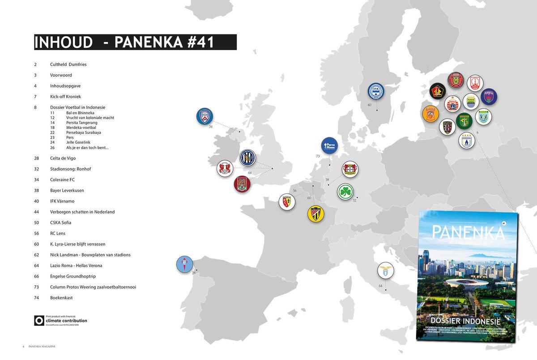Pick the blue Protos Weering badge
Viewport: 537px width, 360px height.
pyautogui.click(x=330, y=146)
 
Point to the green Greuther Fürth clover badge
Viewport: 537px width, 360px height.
pyautogui.click(x=345, y=191)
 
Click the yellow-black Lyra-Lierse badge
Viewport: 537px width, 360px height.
pyautogui.click(x=316, y=214)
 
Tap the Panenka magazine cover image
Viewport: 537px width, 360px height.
pyautogui.click(x=467, y=278)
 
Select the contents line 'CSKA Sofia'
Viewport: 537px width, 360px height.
pyautogui.click(x=61, y=223)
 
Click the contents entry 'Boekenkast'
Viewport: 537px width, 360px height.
pyautogui.click(x=62, y=298)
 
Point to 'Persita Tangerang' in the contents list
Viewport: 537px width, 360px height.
pyautogui.click(x=81, y=122)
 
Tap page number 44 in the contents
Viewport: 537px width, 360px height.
pyautogui.click(x=36, y=212)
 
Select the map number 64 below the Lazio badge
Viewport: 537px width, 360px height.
pyautogui.click(x=380, y=286)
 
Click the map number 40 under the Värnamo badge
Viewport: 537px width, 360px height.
pyautogui.click(x=369, y=105)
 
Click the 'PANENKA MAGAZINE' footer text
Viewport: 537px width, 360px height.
pyautogui.click(x=42, y=347)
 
